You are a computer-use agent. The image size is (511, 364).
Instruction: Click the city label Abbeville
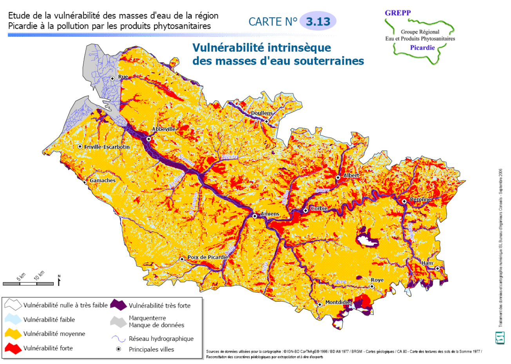tap(163, 129)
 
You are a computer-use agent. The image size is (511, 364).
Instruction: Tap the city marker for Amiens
tap(255, 216)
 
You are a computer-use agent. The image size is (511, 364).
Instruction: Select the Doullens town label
tap(262, 113)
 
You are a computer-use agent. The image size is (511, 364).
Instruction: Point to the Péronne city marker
tap(404, 201)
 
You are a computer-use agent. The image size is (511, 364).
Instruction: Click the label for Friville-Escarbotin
tap(107, 147)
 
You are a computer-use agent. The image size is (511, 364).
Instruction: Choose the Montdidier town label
tap(339, 302)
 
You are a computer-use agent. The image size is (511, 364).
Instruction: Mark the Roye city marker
tap(372, 287)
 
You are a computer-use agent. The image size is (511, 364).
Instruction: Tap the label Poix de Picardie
tap(207, 257)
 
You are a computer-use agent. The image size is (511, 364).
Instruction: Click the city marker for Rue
tap(112, 78)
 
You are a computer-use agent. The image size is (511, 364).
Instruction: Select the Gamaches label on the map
tap(103, 181)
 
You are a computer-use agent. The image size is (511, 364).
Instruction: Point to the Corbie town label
tap(319, 209)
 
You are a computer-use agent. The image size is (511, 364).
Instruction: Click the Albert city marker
tap(338, 178)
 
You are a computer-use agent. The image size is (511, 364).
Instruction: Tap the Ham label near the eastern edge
tap(427, 263)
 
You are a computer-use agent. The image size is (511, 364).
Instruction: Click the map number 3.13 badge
tap(318, 22)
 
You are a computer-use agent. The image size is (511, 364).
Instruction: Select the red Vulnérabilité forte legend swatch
tap(13, 348)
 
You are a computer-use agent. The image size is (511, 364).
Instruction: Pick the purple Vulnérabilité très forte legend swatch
tap(118, 305)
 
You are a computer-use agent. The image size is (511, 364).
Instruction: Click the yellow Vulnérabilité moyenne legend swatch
tap(13, 334)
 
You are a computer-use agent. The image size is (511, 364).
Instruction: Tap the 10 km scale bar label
tap(39, 275)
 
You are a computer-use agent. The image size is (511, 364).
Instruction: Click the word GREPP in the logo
tap(398, 13)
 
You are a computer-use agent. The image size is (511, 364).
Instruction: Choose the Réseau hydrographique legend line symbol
tap(118, 339)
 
